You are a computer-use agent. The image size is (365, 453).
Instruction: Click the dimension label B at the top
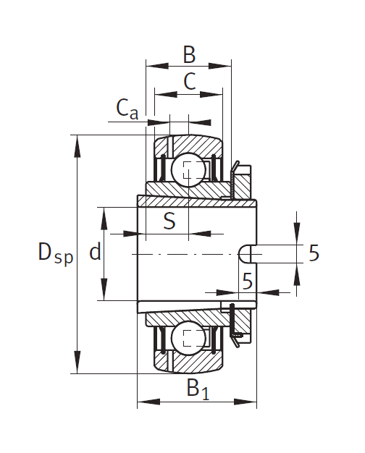pos(189,54)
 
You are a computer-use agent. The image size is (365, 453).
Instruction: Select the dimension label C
pos(190,81)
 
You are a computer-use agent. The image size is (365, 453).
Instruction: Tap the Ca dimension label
pos(127,109)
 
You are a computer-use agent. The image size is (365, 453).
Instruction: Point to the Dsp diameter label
pos(56,253)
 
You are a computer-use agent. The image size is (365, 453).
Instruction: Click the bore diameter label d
pos(95,251)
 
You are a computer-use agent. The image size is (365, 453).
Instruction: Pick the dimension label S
pos(169,221)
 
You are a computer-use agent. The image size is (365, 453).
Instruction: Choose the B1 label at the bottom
pos(198,389)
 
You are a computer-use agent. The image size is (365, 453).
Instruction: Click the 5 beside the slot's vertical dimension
pos(314,253)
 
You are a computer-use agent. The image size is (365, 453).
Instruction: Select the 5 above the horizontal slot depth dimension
pos(247,281)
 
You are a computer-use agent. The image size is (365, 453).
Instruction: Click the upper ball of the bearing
pos(188,170)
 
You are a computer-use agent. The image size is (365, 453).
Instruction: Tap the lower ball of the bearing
pos(188,338)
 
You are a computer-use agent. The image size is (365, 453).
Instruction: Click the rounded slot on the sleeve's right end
pos(245,254)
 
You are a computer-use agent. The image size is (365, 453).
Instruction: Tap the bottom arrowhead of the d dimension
pos(104,289)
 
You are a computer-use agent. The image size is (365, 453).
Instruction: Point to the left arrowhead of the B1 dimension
pos(148,402)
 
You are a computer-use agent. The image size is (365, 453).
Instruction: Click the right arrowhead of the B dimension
pos(220,66)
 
